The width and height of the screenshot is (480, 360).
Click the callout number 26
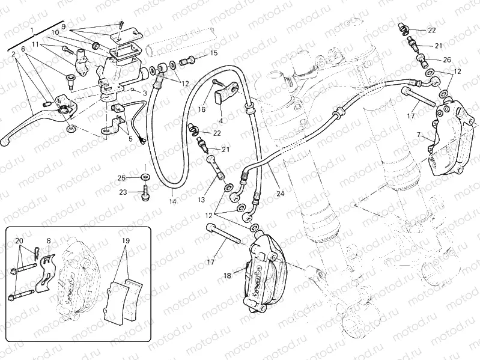tap(446, 59)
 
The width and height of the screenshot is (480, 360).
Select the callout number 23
tap(123, 192)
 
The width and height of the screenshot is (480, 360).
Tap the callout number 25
tap(121, 178)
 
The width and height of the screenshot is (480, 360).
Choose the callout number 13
tap(201, 199)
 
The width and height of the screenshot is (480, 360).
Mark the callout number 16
tap(201, 111)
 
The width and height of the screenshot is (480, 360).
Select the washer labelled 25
tap(145, 177)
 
